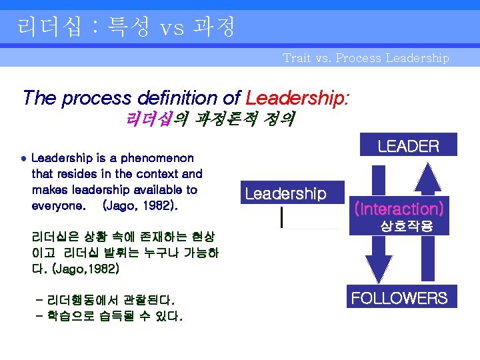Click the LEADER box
(408, 146)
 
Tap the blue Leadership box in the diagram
(285, 193)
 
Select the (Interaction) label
(399, 208)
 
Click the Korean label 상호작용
(406, 227)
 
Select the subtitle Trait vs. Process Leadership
(365, 58)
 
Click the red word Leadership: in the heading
(297, 98)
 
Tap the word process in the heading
(89, 98)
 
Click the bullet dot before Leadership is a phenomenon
(23, 159)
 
